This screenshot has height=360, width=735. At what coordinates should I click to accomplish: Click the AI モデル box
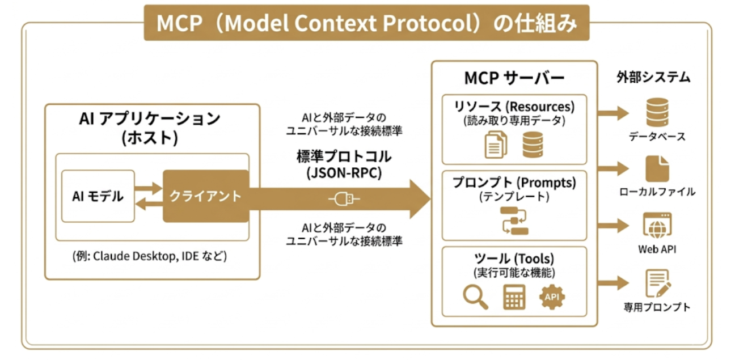click(98, 196)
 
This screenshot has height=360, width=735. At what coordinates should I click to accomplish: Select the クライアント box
click(205, 196)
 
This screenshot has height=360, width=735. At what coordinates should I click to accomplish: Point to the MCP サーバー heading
click(514, 78)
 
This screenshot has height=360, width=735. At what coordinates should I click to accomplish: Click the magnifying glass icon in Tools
click(475, 297)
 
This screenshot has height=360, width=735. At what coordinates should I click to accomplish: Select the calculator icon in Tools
click(514, 297)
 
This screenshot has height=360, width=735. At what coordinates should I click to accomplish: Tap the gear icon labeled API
click(552, 297)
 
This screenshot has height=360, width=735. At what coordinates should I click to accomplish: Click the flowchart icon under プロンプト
click(514, 221)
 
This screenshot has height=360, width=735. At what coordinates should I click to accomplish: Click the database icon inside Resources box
click(533, 144)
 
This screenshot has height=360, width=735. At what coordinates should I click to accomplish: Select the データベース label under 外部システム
click(657, 137)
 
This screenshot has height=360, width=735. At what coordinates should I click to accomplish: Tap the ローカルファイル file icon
click(657, 168)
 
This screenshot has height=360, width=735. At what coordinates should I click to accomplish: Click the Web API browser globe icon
click(657, 225)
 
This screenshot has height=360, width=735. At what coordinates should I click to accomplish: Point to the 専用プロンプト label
click(657, 307)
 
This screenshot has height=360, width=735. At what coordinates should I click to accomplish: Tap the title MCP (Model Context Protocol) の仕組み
click(366, 23)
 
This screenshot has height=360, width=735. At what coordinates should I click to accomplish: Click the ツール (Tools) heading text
click(514, 259)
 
